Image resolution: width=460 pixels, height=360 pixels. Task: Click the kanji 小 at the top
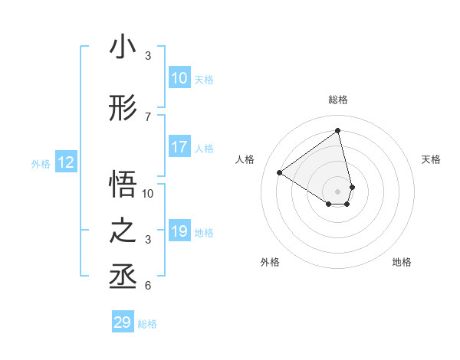point(123,47)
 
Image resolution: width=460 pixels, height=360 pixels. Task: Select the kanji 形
point(123,110)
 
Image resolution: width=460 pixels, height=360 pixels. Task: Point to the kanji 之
point(123,231)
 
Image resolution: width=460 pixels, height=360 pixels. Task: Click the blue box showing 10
point(179,78)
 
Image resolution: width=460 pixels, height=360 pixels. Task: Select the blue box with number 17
point(179,147)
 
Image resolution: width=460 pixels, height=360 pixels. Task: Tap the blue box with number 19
point(179,231)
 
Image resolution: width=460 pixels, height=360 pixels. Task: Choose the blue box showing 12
point(66,162)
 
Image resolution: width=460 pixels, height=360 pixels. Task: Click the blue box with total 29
point(123,322)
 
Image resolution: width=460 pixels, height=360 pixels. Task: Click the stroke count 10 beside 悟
point(148,193)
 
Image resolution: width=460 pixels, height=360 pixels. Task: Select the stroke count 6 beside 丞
point(148,286)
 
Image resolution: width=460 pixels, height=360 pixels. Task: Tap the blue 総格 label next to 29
point(147,324)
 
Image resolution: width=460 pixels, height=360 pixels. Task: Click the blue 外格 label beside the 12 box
point(41,164)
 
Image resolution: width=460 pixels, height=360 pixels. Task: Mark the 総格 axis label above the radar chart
point(338,100)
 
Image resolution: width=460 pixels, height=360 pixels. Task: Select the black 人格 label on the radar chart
point(245,159)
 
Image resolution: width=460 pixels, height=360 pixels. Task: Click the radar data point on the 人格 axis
point(280,173)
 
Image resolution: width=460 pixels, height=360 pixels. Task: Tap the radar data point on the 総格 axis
point(338,130)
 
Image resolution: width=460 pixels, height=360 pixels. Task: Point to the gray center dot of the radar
point(338,191)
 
